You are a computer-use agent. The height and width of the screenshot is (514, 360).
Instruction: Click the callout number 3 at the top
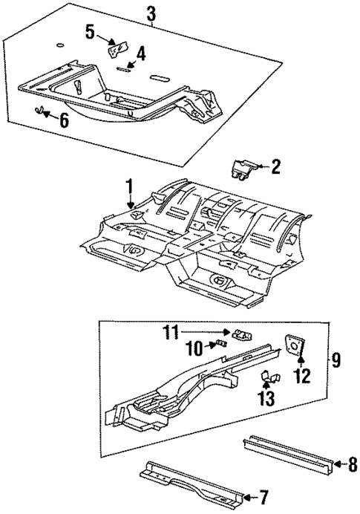coord(151,13)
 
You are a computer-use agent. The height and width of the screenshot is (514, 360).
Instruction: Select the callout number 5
coord(90,31)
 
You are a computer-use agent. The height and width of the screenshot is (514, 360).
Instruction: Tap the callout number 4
coord(140,53)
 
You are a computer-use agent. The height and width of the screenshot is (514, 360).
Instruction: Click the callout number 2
coord(275,168)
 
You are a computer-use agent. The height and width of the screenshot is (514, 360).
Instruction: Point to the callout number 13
coord(266,399)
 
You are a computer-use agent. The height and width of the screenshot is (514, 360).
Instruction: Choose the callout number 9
coord(336,361)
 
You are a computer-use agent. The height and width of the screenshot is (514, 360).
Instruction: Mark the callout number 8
coord(352,464)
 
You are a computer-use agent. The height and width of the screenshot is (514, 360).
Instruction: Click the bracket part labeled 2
coord(245,169)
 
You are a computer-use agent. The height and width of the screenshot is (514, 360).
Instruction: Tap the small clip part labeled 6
coord(41,111)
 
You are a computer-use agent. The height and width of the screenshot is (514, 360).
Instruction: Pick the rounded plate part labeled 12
coord(295,345)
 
